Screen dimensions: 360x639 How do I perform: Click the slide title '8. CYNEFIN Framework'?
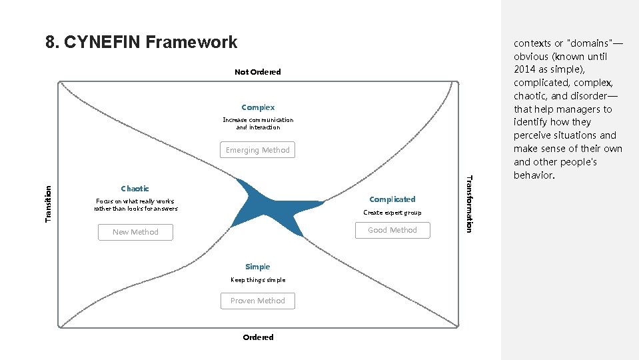pyautogui.click(x=141, y=42)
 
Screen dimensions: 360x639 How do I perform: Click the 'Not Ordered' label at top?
pyautogui.click(x=257, y=72)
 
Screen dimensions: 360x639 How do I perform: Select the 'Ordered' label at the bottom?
pyautogui.click(x=258, y=337)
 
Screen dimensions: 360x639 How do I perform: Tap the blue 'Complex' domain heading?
pyautogui.click(x=258, y=107)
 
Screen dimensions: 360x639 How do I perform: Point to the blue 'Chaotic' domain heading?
pyautogui.click(x=135, y=189)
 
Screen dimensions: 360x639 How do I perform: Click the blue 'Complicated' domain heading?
pyautogui.click(x=392, y=199)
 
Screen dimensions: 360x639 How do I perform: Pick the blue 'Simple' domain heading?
pyautogui.click(x=258, y=267)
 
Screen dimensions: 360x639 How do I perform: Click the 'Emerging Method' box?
pyautogui.click(x=258, y=150)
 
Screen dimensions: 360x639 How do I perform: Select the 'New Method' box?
pyautogui.click(x=135, y=232)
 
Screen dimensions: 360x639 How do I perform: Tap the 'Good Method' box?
pyautogui.click(x=392, y=230)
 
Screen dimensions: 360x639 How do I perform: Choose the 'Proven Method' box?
pyautogui.click(x=258, y=301)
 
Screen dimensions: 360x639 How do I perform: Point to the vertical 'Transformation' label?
pyautogui.click(x=469, y=203)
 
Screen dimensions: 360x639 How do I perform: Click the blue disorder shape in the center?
pyautogui.click(x=267, y=203)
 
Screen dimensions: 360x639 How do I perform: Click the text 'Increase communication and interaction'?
pyautogui.click(x=258, y=123)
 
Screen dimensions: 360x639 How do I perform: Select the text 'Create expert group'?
pyautogui.click(x=392, y=213)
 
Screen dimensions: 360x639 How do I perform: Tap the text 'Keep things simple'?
pyautogui.click(x=258, y=280)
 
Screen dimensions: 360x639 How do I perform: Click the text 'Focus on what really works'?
pyautogui.click(x=135, y=201)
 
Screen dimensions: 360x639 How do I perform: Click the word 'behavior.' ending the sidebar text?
pyautogui.click(x=534, y=175)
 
